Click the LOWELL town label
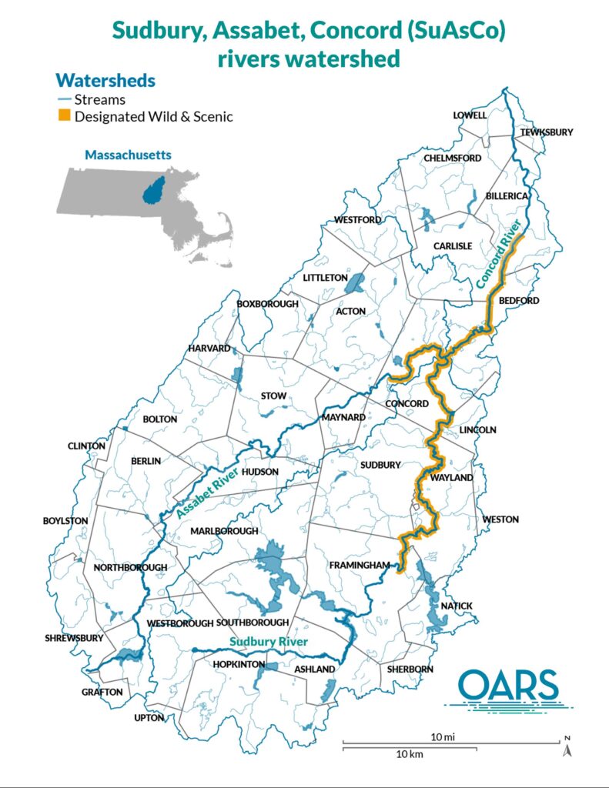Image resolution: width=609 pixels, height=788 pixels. click(470, 115)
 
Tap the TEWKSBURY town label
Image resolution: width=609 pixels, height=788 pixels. click(547, 132)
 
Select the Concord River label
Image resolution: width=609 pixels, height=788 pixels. click(499, 254)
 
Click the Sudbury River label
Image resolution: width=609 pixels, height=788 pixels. click(268, 641)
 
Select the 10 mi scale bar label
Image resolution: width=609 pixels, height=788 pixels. click(442, 736)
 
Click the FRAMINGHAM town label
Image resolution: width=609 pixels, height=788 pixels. click(356, 565)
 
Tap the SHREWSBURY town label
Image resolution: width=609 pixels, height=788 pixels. click(73, 638)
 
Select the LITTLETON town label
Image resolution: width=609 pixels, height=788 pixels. click(325, 277)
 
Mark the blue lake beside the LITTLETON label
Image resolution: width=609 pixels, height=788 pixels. click(355, 284)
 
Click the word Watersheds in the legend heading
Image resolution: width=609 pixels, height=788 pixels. click(105, 80)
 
